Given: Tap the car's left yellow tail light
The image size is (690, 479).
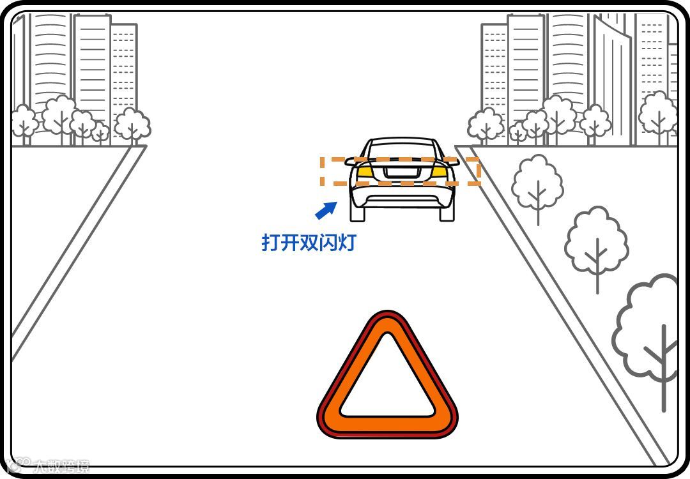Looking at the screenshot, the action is pos(364,171).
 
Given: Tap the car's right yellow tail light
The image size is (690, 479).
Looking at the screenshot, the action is pos(439,171).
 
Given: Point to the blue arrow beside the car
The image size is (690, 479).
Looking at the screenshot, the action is pos(326,209).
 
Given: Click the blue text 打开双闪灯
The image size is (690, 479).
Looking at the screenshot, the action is pos(309,243).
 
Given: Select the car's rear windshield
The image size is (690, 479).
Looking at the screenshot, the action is pos(401,151).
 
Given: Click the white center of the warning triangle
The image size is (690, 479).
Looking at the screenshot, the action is pos(387,383).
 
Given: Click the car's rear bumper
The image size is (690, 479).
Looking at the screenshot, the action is pos(401,195).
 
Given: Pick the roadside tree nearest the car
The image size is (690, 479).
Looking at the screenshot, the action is pos(537,182).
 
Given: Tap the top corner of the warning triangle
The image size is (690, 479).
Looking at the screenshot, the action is pos(387,319).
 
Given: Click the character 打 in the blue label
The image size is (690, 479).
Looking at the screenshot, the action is pos(271,243).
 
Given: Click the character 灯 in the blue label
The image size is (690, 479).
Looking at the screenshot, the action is pos(347,243).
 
